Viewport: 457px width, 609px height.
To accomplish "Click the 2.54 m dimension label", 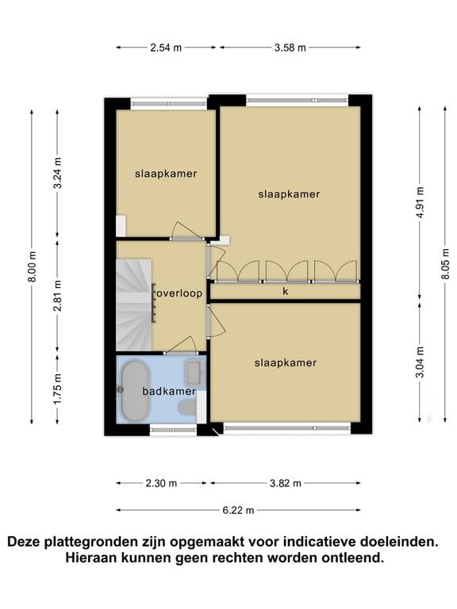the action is pyautogui.click(x=166, y=48).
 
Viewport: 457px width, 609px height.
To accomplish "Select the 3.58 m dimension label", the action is pyautogui.click(x=290, y=48).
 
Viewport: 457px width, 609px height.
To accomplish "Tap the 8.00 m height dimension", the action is pyautogui.click(x=33, y=266).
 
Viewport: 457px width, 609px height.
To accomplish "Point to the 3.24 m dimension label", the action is pyautogui.click(x=57, y=173).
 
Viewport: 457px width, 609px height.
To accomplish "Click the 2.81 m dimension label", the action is pyautogui.click(x=57, y=296).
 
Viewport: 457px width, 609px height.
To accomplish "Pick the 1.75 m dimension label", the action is pyautogui.click(x=57, y=389).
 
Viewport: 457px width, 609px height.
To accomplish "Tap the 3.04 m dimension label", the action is pyautogui.click(x=420, y=362).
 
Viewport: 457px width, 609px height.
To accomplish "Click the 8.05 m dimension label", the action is pyautogui.click(x=445, y=264).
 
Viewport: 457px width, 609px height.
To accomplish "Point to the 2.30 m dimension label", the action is pyautogui.click(x=161, y=484).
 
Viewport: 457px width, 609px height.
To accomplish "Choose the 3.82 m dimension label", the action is pyautogui.click(x=286, y=484).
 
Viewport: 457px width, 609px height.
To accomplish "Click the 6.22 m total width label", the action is pyautogui.click(x=238, y=511).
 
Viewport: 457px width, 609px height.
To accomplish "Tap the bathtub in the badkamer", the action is pyautogui.click(x=135, y=391).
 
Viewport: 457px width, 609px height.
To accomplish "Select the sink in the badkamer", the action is pyautogui.click(x=194, y=372).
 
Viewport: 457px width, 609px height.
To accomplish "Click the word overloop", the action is pyautogui.click(x=179, y=293).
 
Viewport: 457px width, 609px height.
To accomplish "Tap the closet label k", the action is pyautogui.click(x=286, y=291).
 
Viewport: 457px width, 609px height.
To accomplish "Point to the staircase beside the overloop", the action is pyautogui.click(x=133, y=304).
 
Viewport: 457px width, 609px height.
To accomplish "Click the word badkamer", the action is pyautogui.click(x=169, y=391).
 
